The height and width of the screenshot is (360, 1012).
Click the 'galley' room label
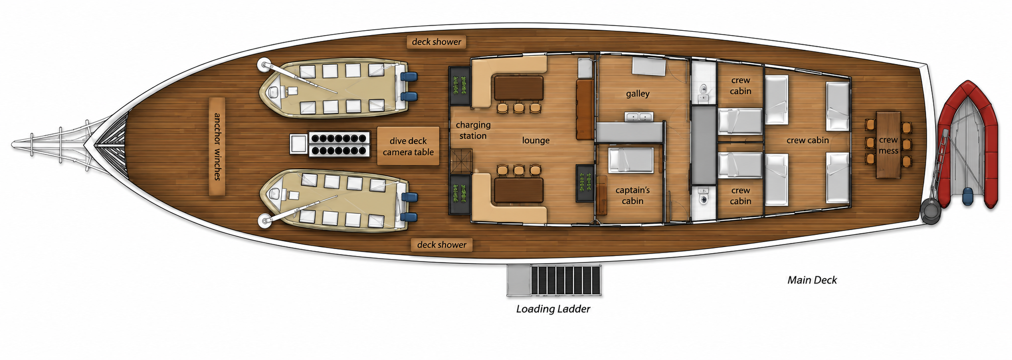click(638, 94)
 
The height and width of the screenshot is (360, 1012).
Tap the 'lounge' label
click(536, 140)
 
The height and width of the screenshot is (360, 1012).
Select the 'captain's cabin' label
click(632, 195)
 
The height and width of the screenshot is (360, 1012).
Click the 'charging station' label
click(473, 130)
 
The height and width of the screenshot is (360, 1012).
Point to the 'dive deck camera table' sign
click(408, 146)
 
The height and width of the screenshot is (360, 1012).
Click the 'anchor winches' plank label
click(217, 147)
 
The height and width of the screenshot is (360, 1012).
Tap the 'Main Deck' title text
click(812, 280)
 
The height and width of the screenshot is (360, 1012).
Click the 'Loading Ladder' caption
click(553, 309)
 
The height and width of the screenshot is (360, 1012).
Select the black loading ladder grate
click(566, 281)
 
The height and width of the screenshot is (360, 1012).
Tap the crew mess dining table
click(888, 145)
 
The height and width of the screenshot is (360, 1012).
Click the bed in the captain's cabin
click(631, 160)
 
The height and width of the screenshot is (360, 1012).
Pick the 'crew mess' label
click(888, 145)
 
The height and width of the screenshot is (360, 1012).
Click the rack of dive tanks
click(339, 144)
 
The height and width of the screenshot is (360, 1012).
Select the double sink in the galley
click(639, 117)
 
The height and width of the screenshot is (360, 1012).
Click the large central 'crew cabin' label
click(807, 141)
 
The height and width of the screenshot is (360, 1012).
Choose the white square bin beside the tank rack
click(298, 144)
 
